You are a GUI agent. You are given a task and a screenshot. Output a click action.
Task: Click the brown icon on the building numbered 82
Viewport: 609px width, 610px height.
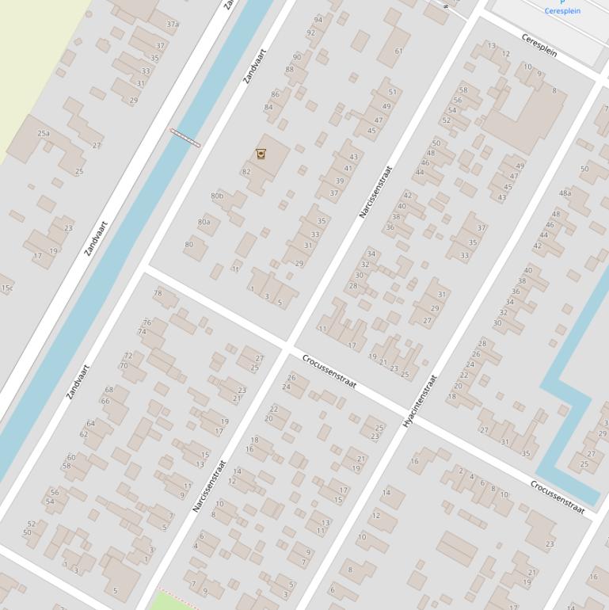261,153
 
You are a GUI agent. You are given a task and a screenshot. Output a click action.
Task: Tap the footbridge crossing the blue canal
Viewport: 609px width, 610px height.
185,138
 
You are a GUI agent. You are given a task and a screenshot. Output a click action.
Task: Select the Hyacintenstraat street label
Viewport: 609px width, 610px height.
420,401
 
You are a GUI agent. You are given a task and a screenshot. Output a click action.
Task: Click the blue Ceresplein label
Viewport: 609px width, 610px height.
562,11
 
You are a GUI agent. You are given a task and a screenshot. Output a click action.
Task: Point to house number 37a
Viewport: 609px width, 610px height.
173,25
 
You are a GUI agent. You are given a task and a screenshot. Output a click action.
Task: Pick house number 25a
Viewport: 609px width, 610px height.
44,134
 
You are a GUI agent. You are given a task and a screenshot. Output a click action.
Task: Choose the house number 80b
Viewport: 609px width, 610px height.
217,196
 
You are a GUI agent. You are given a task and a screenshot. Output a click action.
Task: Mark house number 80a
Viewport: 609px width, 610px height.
204,223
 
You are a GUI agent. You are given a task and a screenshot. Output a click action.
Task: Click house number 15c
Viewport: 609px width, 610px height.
6,288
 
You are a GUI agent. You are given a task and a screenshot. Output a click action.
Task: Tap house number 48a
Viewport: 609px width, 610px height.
565,193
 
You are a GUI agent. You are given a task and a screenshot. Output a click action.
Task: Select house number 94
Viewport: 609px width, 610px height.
318,20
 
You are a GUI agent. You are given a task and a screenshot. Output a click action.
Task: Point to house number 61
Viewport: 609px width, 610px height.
398,51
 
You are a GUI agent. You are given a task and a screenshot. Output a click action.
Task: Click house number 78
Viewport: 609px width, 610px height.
158,293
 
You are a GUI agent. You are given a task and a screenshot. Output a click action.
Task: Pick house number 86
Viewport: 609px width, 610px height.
275,94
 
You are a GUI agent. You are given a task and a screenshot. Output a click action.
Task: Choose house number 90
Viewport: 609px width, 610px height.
297,57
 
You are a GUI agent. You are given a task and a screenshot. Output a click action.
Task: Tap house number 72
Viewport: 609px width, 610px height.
128,356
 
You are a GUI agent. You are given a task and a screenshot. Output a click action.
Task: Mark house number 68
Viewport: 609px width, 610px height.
109,390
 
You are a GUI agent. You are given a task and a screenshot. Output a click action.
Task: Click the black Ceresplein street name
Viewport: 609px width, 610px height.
539,44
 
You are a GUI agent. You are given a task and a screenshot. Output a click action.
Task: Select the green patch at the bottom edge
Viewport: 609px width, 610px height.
173,600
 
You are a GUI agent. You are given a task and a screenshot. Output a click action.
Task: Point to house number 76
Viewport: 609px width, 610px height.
147,322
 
